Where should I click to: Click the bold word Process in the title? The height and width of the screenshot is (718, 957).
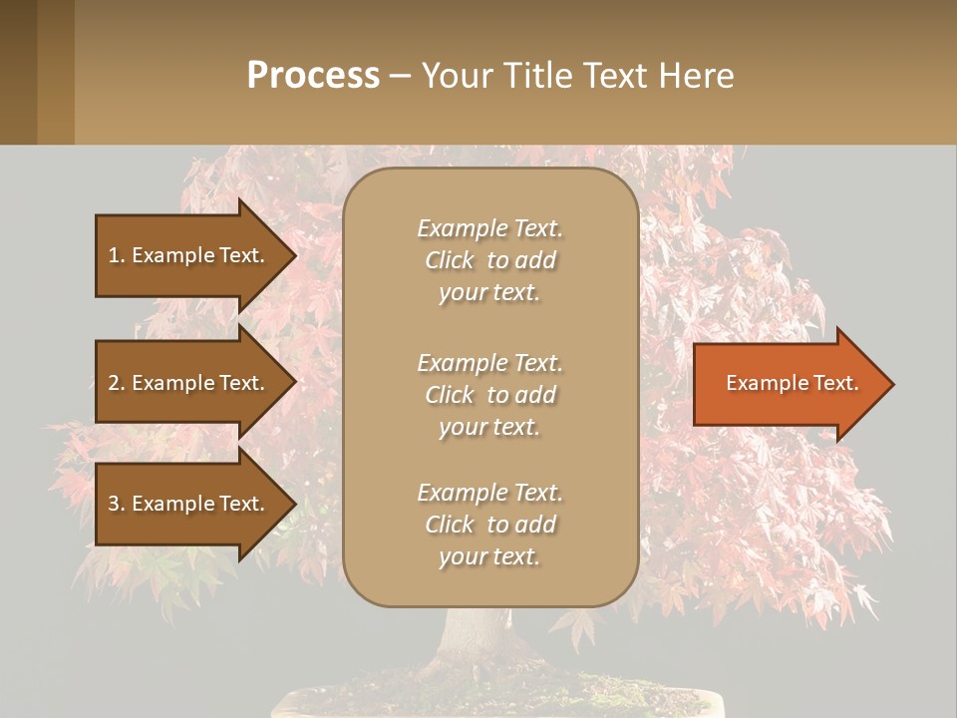[x=313, y=76]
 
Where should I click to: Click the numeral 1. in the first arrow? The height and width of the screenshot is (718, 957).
[x=117, y=255]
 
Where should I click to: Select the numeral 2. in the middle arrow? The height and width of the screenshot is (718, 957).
[x=117, y=383]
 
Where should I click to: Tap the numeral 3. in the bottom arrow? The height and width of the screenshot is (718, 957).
[x=117, y=504]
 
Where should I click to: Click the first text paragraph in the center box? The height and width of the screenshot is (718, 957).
[x=489, y=260]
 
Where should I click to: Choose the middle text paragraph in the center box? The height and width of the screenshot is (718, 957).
[x=489, y=395]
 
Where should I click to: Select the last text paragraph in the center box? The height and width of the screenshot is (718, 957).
[x=489, y=525]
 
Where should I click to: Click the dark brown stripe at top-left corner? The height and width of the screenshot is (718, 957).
[x=18, y=72]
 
